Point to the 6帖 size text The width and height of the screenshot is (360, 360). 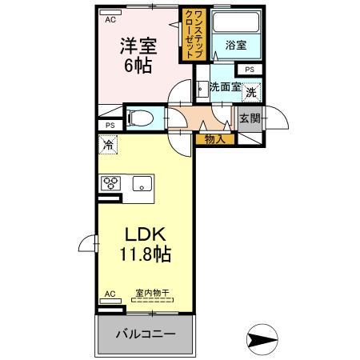(137, 67)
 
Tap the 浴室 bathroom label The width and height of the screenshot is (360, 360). (235, 46)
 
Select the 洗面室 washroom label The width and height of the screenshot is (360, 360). (226, 87)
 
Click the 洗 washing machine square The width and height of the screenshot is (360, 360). (251, 91)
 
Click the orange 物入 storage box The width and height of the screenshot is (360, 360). (215, 138)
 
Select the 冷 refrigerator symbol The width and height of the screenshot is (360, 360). (108, 145)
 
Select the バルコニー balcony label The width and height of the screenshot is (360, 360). (146, 333)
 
